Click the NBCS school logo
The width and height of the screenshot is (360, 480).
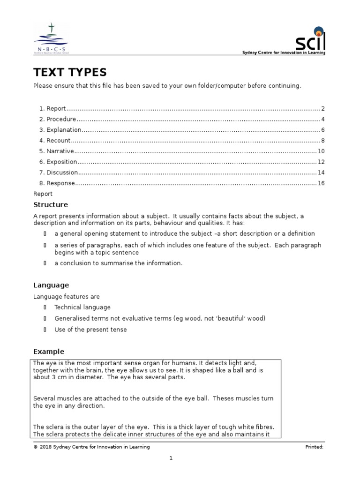[x=51, y=39]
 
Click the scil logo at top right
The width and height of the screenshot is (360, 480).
[x=310, y=43]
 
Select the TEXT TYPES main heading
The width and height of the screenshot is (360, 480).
[x=70, y=72]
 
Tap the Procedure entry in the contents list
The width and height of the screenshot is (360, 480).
[x=61, y=119]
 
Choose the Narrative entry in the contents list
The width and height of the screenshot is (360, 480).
[x=60, y=151]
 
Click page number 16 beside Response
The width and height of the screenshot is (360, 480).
[x=321, y=183]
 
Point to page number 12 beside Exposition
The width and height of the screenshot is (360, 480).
[x=321, y=162]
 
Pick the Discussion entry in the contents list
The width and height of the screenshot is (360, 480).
[x=62, y=172]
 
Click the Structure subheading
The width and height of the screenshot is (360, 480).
[x=51, y=204]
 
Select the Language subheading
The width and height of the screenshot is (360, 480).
[x=51, y=285]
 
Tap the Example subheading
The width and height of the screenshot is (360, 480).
[x=49, y=352]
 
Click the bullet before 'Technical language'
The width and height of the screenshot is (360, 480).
[x=45, y=307]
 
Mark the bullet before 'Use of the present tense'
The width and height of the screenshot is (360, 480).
[x=45, y=330]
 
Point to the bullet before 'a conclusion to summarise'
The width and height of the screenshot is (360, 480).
[x=45, y=263]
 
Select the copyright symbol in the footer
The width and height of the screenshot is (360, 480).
[x=35, y=447]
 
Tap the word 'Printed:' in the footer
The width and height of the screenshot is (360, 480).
[x=314, y=447]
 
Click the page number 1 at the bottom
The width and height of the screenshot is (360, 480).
[x=172, y=458]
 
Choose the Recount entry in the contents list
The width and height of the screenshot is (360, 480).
[x=59, y=140]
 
